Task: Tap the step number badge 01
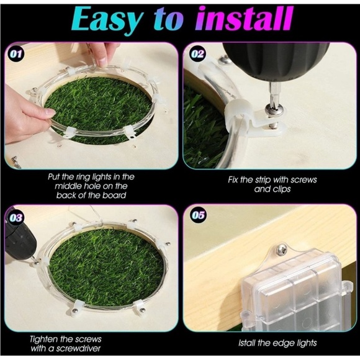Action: click(16, 55)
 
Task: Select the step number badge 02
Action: click(198, 54)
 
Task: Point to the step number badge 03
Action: click(16, 218)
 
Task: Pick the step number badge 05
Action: click(198, 215)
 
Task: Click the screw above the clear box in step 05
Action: click(282, 250)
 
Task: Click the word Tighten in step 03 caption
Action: click(43, 340)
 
